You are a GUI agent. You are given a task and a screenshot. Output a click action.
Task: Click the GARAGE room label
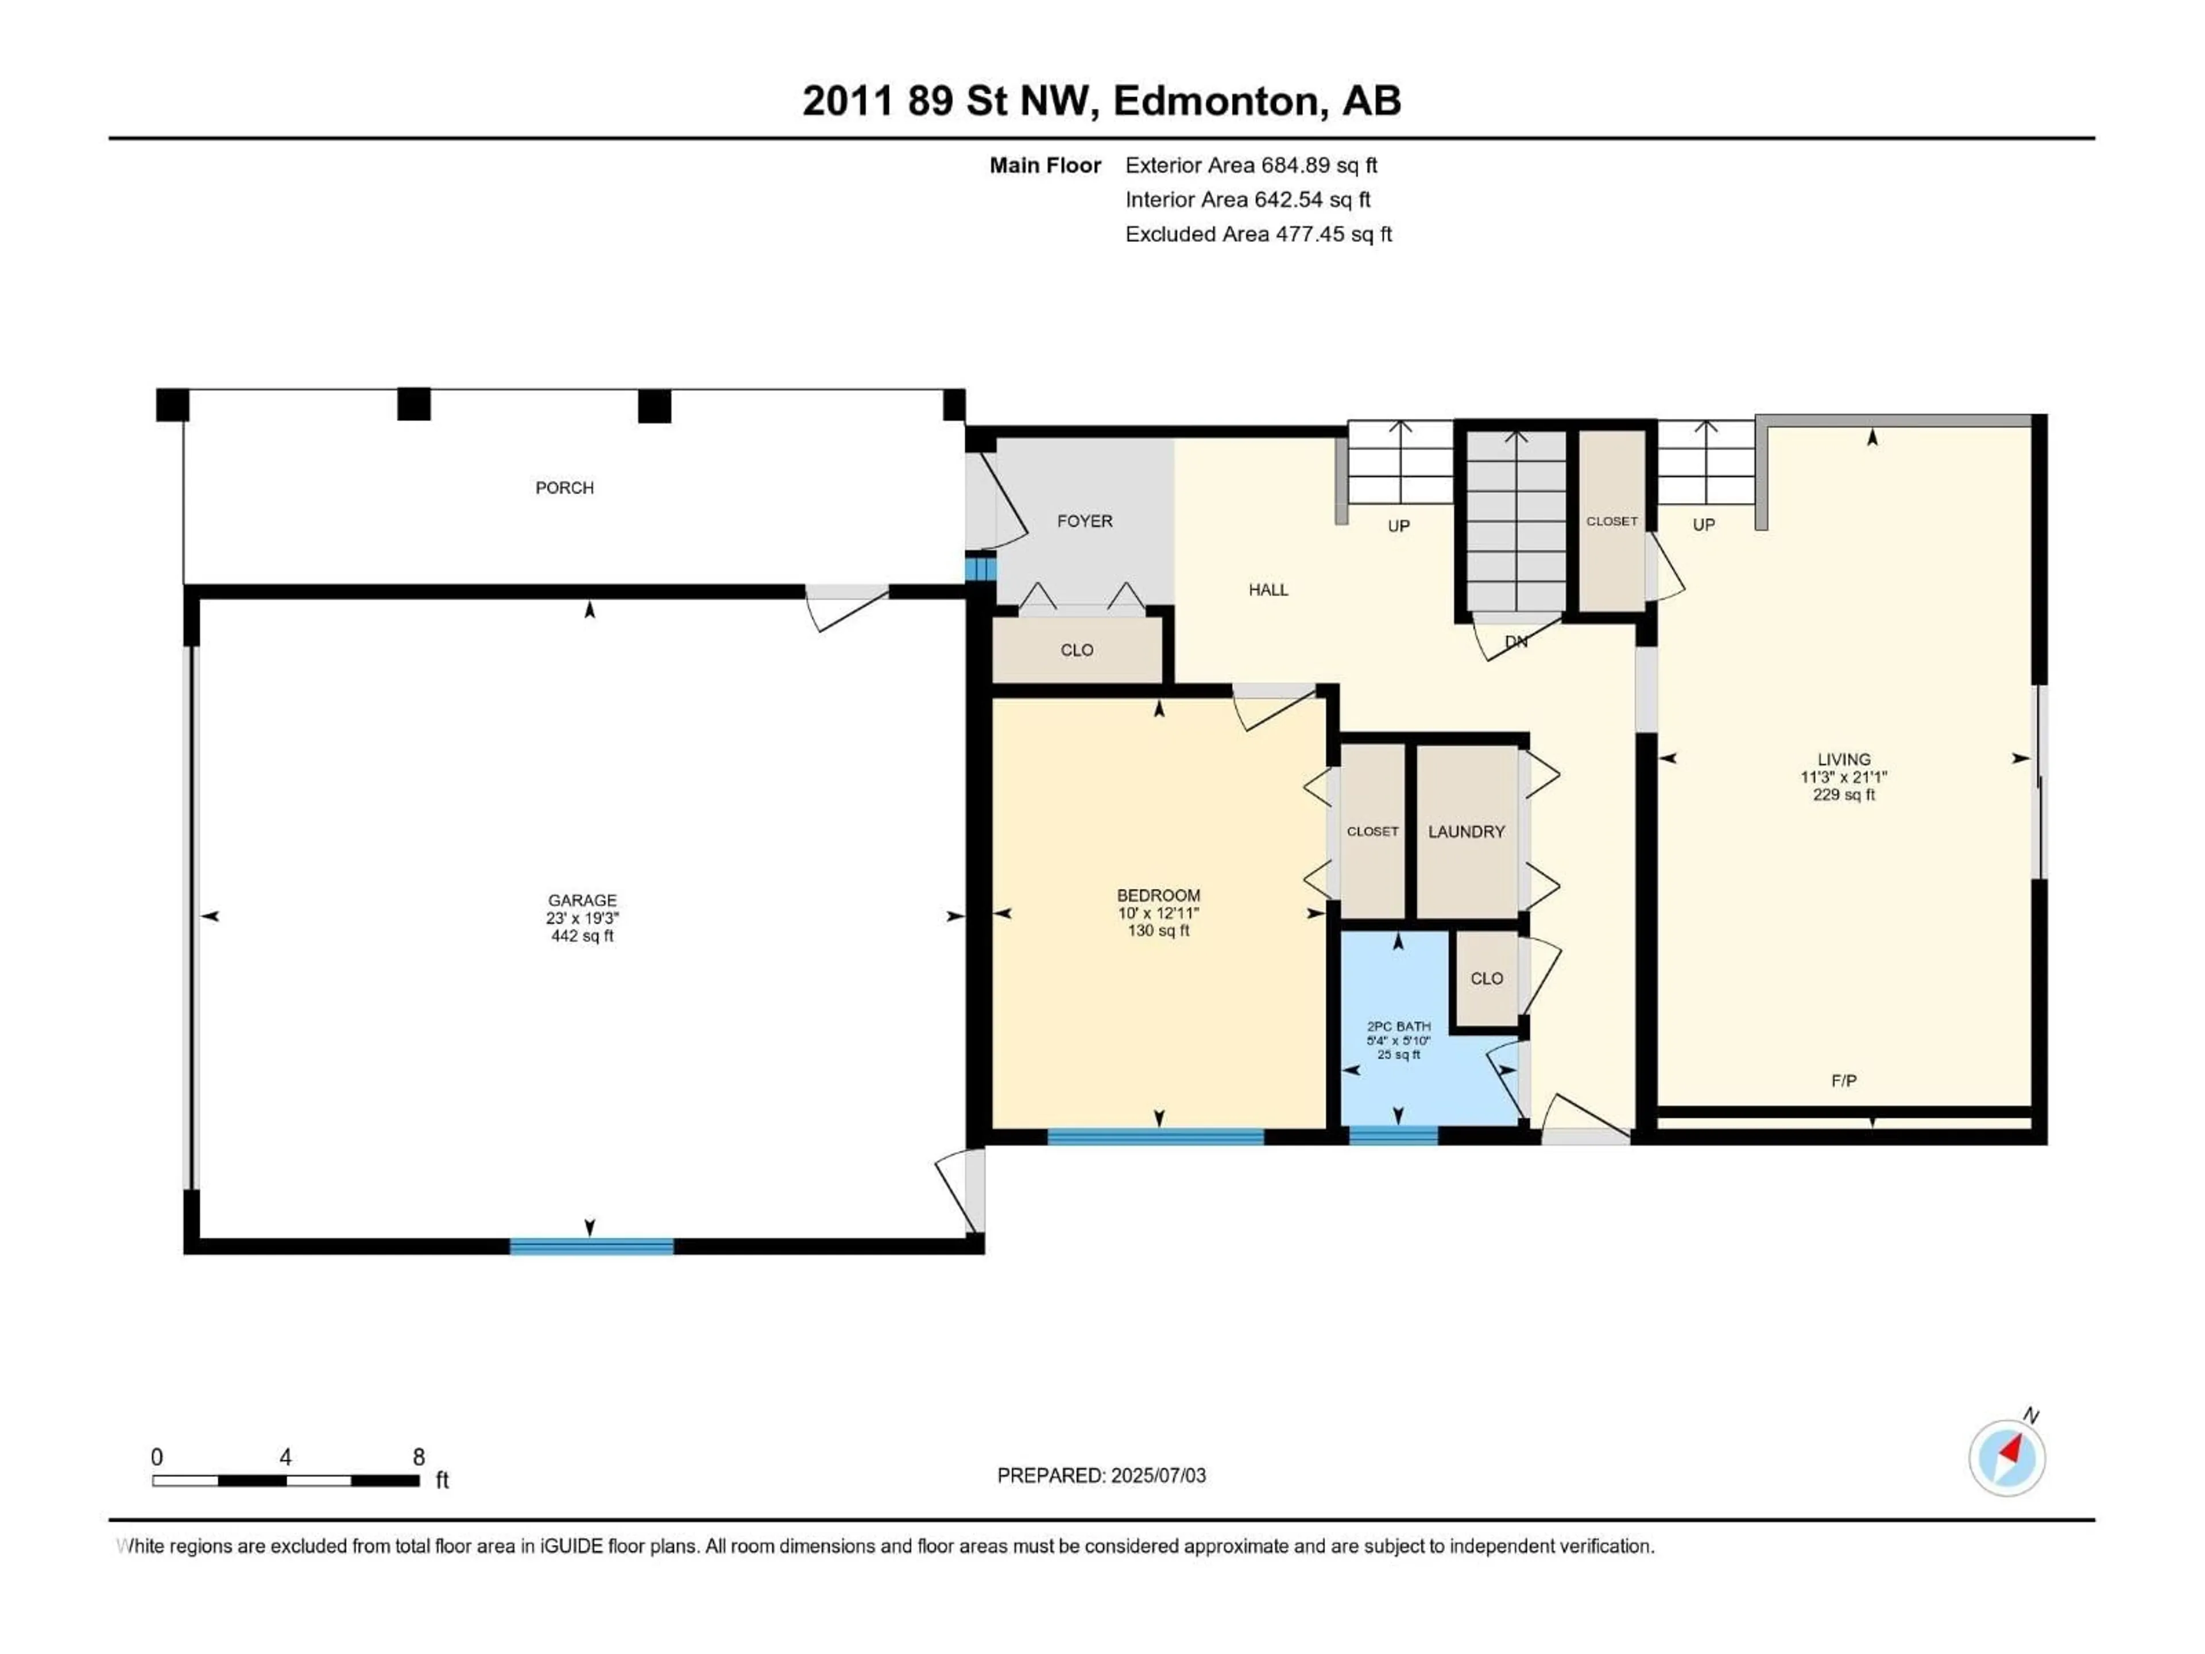tap(582, 901)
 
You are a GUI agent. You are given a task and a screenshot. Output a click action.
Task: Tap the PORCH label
tap(564, 488)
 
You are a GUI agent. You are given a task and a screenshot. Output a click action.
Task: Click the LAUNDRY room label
tap(1467, 832)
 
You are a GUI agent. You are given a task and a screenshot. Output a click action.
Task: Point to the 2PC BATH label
tap(1399, 1026)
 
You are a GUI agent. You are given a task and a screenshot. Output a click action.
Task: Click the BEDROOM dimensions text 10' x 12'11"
tap(1158, 913)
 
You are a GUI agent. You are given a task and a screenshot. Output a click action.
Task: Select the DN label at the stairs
tap(1515, 642)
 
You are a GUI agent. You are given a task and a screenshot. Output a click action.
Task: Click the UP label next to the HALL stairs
tap(1399, 525)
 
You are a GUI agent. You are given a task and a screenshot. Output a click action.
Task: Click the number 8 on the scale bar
tap(419, 1456)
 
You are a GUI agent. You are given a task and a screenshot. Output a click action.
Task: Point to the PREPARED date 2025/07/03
tap(1101, 1475)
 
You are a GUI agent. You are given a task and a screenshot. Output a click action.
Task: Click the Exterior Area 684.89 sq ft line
tap(1251, 165)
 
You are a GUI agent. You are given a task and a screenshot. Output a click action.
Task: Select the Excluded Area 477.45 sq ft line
tap(1258, 234)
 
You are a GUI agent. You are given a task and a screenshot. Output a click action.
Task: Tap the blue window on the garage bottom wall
tap(591, 1246)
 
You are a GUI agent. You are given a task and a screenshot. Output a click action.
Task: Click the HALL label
tap(1268, 589)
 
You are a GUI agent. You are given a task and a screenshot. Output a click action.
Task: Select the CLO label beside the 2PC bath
tap(1486, 978)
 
